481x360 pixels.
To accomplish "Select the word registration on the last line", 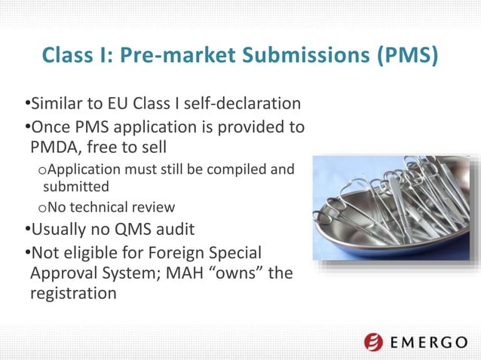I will pos(73,294).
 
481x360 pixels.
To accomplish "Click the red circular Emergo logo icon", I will pos(374,342).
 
